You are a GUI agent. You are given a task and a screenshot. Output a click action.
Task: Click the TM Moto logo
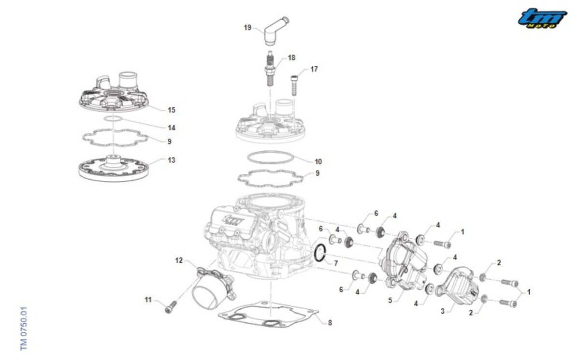pyautogui.click(x=542, y=18)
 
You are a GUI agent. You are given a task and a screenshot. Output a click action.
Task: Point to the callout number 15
pyautogui.click(x=172, y=110)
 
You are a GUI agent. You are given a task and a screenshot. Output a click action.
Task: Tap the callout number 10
pyautogui.click(x=318, y=161)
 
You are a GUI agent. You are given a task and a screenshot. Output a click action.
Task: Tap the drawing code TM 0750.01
pyautogui.click(x=24, y=328)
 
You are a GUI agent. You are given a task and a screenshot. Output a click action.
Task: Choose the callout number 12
pyautogui.click(x=179, y=261)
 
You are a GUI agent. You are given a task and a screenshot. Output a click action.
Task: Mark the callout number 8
pyautogui.click(x=330, y=323)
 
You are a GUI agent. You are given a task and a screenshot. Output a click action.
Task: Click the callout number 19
pyautogui.click(x=247, y=28)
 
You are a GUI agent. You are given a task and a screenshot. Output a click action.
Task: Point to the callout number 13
pyautogui.click(x=172, y=160)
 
